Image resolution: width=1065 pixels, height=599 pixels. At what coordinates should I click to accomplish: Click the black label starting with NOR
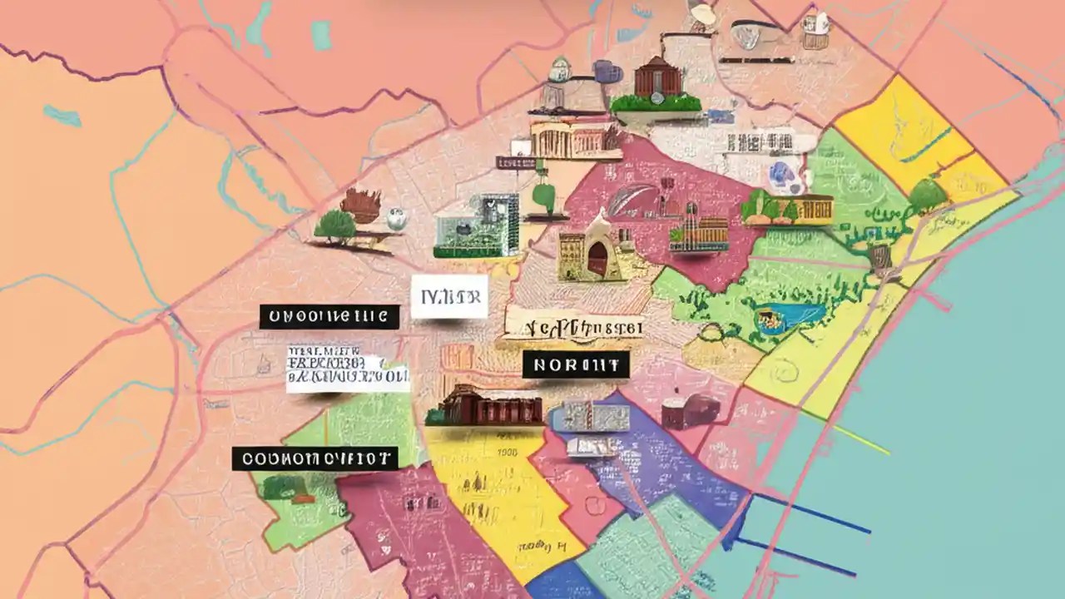pyautogui.click(x=576, y=364)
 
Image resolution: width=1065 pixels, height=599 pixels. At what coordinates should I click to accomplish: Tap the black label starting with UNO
pyautogui.click(x=329, y=316)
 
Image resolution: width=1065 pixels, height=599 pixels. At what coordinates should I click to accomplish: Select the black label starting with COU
pyautogui.click(x=315, y=458)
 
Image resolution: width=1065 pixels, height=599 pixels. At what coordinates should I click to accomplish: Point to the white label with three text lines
pyautogui.click(x=347, y=369)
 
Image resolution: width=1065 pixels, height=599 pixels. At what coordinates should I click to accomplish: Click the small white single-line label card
pyautogui.click(x=449, y=298)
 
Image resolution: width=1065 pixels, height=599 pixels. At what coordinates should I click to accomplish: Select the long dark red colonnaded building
pyautogui.click(x=484, y=407)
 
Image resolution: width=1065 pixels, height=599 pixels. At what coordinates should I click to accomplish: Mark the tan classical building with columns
pyautogui.click(x=574, y=140)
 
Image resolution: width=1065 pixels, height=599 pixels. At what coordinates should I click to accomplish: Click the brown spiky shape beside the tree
pyautogui.click(x=360, y=205)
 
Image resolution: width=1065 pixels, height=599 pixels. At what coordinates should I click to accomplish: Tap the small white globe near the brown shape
pyautogui.click(x=397, y=218)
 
